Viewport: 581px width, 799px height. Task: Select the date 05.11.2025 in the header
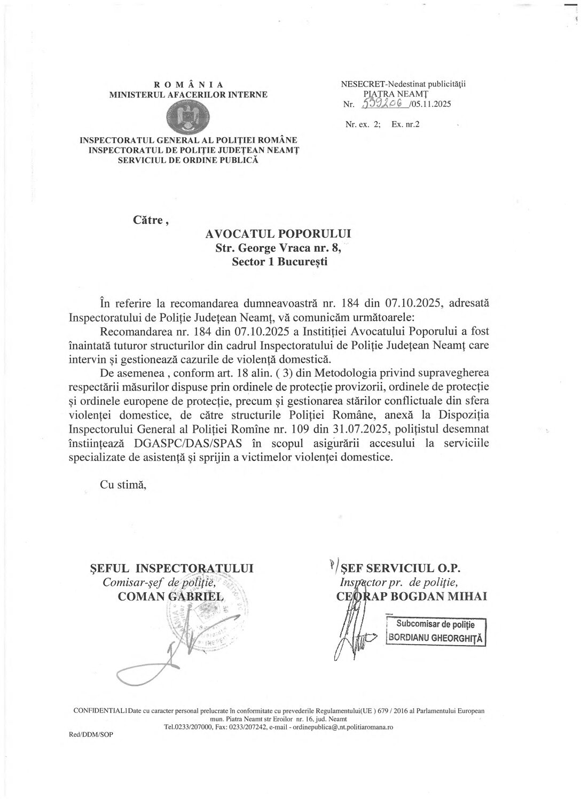tap(431, 104)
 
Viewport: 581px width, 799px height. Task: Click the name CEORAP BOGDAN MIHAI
tap(412, 597)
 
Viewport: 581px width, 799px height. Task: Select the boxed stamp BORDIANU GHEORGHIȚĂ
tap(435, 638)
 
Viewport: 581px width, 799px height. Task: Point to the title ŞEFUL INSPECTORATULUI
tap(171, 568)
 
